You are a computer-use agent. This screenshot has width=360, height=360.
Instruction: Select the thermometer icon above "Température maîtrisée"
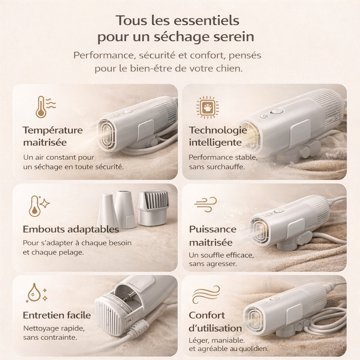tap(41, 107)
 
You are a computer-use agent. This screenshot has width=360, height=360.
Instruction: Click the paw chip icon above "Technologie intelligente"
tap(207, 107)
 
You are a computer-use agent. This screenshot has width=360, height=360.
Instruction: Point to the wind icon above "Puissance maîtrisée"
tap(205, 204)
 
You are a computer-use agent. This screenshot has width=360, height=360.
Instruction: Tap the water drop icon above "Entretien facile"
tap(34, 292)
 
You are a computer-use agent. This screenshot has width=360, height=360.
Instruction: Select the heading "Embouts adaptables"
tap(71, 229)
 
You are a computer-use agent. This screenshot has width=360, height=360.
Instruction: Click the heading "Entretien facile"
tap(57, 315)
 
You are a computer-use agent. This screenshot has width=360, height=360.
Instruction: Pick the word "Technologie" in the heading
tap(218, 130)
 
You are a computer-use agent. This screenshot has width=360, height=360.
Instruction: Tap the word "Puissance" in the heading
tap(213, 229)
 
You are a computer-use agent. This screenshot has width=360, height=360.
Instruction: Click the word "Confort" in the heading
tap(207, 315)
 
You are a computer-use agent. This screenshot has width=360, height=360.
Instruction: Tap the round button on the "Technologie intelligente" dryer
tap(277, 111)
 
